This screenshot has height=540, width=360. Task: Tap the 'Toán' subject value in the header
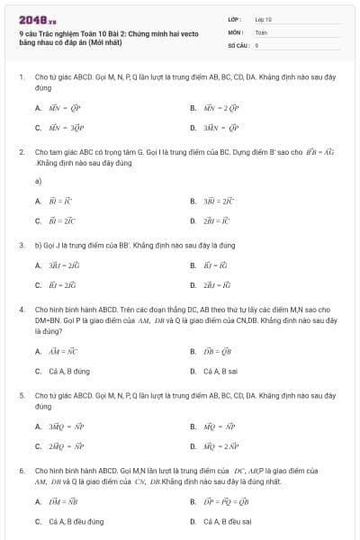261,31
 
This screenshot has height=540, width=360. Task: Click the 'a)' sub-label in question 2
39,181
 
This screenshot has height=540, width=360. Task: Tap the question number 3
21,245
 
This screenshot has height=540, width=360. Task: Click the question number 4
21,310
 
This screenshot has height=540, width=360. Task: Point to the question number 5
21,395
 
